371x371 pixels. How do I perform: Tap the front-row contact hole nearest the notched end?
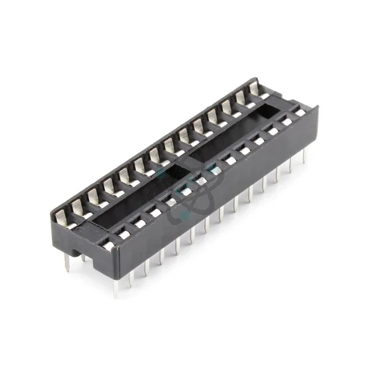point(109,245)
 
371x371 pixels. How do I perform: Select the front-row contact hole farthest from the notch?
point(300,113)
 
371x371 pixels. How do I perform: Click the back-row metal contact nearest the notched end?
point(61,217)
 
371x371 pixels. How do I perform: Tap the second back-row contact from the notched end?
point(78,206)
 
